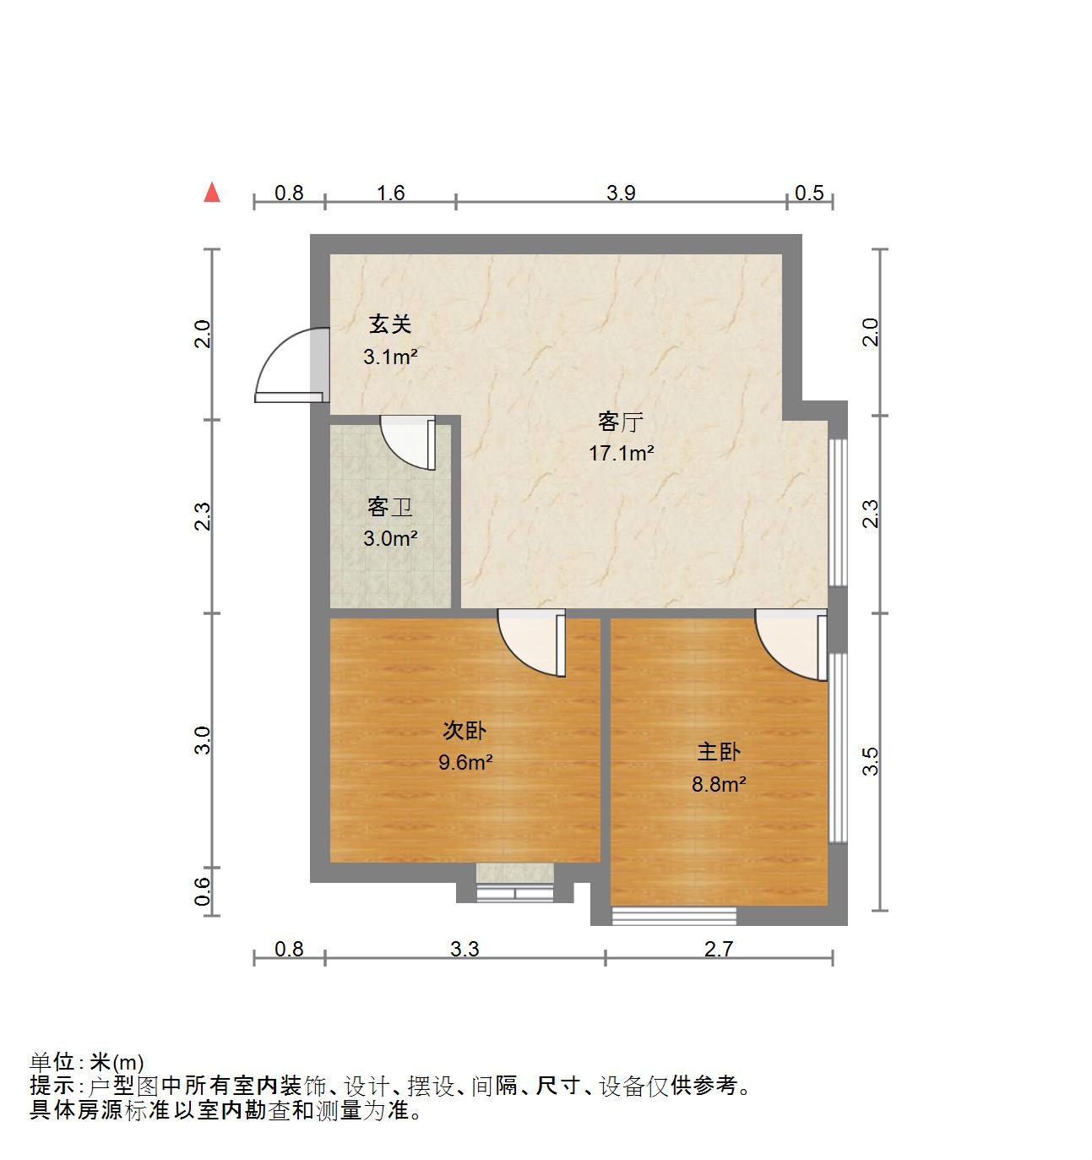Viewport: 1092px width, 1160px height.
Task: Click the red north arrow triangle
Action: (212, 193)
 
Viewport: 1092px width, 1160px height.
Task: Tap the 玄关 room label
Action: (390, 324)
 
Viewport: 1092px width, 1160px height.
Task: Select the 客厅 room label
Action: (621, 421)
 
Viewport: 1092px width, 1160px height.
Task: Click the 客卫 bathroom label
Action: (390, 507)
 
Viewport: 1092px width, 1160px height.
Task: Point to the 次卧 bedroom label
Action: (465, 730)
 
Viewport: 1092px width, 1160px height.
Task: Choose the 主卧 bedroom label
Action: (719, 752)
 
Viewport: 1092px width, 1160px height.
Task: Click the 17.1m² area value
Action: (622, 454)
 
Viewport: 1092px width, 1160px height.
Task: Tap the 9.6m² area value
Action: (465, 763)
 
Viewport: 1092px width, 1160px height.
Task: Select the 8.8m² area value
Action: (719, 785)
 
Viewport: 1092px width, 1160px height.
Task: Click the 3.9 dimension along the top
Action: (621, 193)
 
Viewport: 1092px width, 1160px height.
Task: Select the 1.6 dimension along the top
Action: (390, 193)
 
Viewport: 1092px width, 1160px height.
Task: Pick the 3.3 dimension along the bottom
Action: (465, 950)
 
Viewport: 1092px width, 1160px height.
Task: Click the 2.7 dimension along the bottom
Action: (719, 950)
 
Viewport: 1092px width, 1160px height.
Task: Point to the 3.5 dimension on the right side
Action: (871, 761)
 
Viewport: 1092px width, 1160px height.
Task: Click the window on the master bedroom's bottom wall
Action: (674, 915)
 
